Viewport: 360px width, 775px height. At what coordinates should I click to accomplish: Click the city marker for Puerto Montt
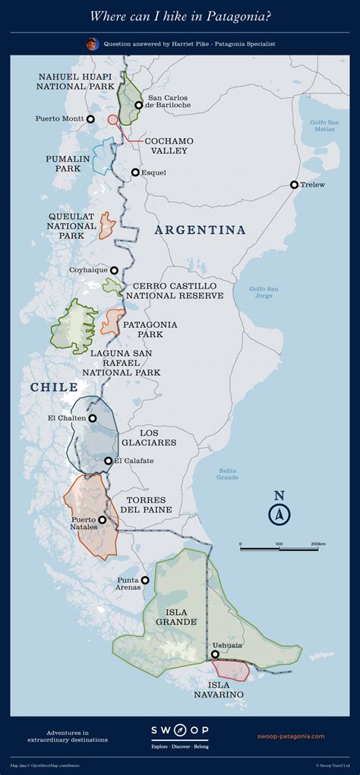(x=90, y=119)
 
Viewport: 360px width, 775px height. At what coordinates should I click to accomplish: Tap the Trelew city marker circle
(x=294, y=185)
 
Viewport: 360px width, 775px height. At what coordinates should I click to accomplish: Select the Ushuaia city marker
(x=216, y=654)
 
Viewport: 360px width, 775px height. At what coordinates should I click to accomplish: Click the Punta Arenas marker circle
(x=146, y=581)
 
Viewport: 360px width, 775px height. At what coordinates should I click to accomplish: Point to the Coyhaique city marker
(x=114, y=270)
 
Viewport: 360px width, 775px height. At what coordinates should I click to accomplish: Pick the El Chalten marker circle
(x=93, y=418)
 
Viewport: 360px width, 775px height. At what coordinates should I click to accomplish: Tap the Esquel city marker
(x=135, y=172)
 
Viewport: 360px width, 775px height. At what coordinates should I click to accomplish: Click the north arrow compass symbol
(x=279, y=513)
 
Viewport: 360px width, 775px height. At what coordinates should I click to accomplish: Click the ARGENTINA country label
(x=201, y=230)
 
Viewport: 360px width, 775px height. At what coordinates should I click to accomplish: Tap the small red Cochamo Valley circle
(x=113, y=119)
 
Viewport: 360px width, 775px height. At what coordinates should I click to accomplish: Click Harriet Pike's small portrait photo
(x=93, y=44)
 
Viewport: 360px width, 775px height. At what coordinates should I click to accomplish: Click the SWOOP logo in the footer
(x=180, y=729)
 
